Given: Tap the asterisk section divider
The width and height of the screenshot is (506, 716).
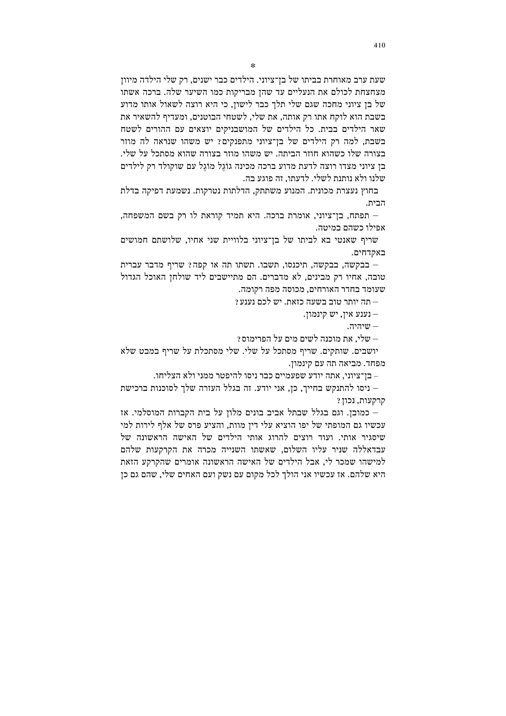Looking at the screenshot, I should [x=253, y=66].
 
